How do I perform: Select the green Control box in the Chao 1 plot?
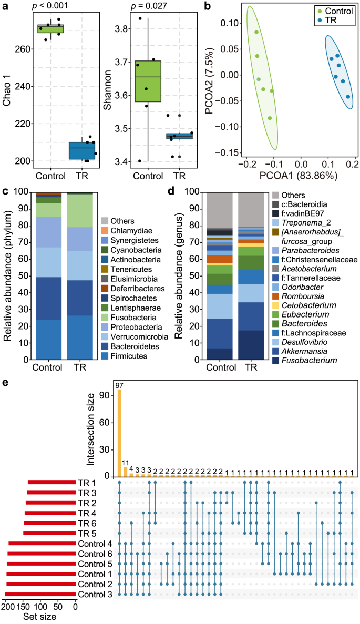[x=50, y=28]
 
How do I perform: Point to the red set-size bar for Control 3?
[x=40, y=594]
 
